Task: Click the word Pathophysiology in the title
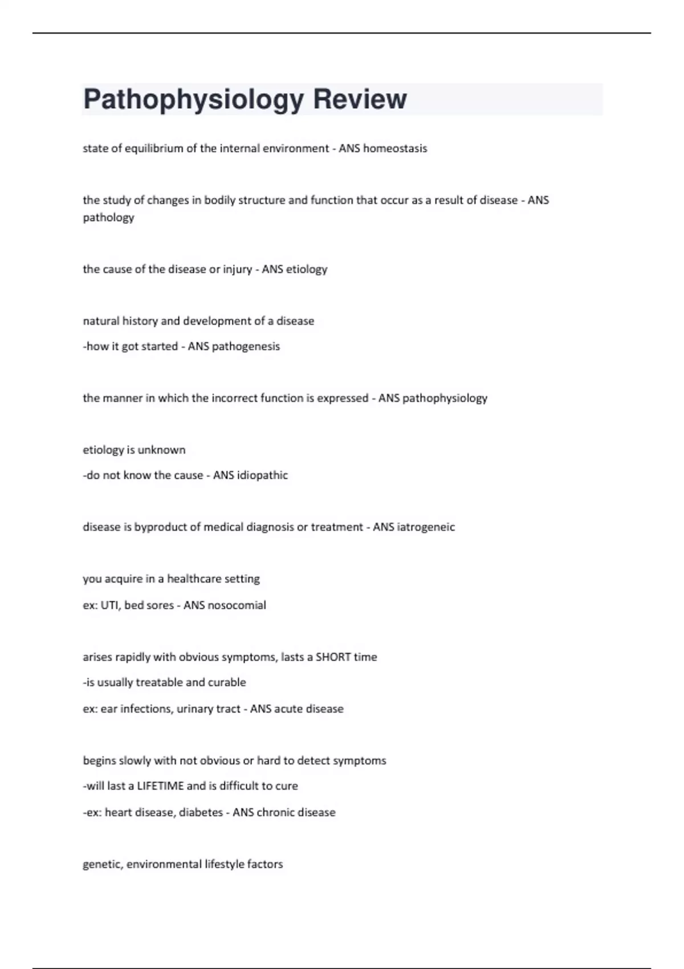[193, 100]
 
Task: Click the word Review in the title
[360, 99]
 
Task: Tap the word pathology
[108, 218]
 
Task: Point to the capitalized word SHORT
[333, 657]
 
